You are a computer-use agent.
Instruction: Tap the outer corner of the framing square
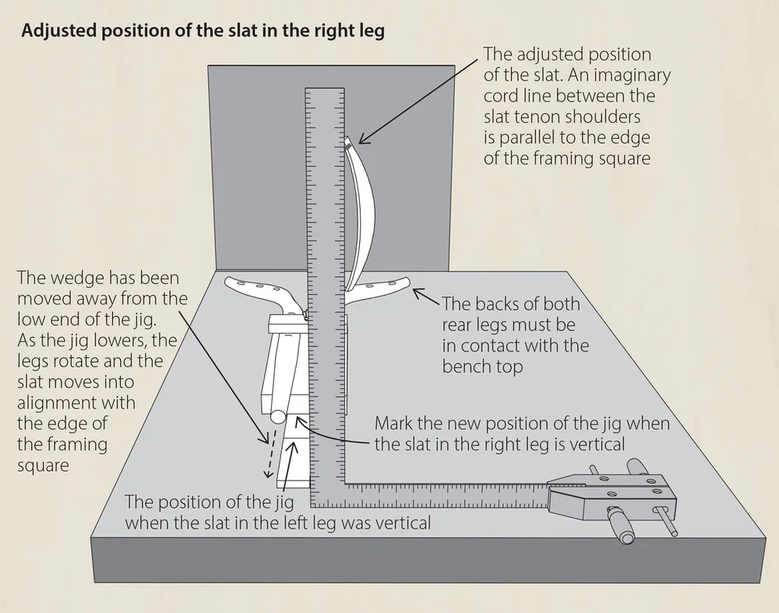(x=312, y=505)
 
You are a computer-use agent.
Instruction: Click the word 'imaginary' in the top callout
(x=633, y=76)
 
